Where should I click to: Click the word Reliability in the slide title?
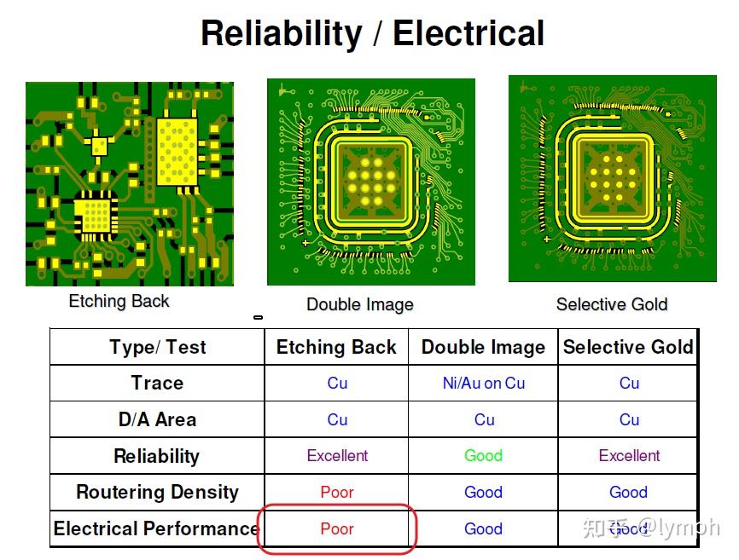coord(282,34)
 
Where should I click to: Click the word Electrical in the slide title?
coord(468,33)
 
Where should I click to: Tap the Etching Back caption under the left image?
coord(119,301)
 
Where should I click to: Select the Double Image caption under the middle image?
coord(360,304)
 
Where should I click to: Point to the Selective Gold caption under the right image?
coord(612,304)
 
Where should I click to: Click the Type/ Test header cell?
coord(158,347)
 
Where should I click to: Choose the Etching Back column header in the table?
coord(336,347)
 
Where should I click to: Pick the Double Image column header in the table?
coord(483,347)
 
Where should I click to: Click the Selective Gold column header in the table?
coord(628,347)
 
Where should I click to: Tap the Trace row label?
coord(157,383)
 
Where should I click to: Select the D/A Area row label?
coord(157,419)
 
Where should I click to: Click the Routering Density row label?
coord(157,492)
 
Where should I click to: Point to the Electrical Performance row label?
coord(156,528)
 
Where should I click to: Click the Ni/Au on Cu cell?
coord(484,384)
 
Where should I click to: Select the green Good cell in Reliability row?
coord(483,455)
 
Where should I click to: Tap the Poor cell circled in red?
coord(337,529)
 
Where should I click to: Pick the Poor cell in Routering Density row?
coord(337,492)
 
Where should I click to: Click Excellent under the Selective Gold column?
coord(629,455)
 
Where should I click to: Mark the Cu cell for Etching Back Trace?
coord(337,384)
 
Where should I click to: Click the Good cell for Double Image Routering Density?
coord(483,492)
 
